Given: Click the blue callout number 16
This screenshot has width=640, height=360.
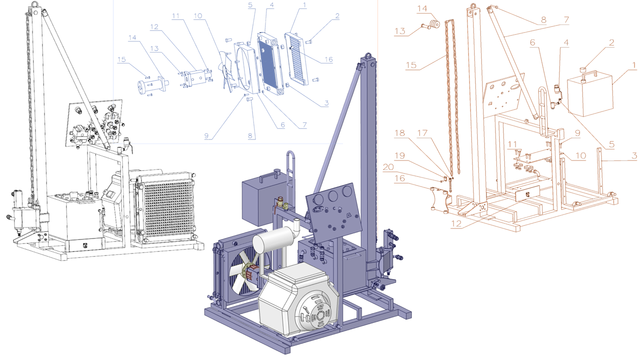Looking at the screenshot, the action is click(x=328, y=59).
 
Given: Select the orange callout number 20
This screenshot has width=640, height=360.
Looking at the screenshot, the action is click(x=388, y=167).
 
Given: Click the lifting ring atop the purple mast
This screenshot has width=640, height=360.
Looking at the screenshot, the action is click(x=368, y=55).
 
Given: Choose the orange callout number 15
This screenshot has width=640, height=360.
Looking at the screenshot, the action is click(x=411, y=65).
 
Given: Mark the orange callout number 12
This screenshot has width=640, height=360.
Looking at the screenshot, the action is click(x=456, y=223).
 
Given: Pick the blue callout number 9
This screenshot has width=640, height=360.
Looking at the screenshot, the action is click(x=206, y=136).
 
